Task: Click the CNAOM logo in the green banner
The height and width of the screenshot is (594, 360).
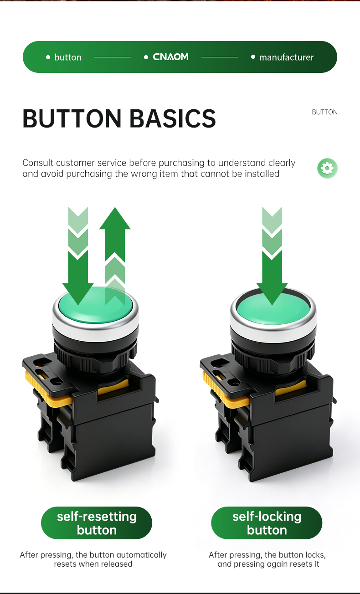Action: [170, 57]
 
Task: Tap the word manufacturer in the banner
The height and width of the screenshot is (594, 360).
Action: [286, 57]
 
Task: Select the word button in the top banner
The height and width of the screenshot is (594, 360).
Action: [68, 57]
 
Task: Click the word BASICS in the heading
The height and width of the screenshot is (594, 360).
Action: [173, 118]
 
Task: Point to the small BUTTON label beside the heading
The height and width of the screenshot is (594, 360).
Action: [325, 112]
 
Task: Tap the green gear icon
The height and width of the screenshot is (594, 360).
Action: [327, 169]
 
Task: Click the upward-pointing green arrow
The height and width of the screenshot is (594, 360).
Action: [115, 256]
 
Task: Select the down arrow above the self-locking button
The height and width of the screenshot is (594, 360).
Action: [272, 256]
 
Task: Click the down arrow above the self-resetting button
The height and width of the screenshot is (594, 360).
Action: [78, 256]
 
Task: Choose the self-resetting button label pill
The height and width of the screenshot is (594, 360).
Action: [97, 523]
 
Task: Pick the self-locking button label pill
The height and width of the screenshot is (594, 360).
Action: [267, 523]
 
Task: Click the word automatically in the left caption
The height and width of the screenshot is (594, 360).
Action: [141, 555]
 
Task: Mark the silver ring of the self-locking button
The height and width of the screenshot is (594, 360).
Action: [273, 332]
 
